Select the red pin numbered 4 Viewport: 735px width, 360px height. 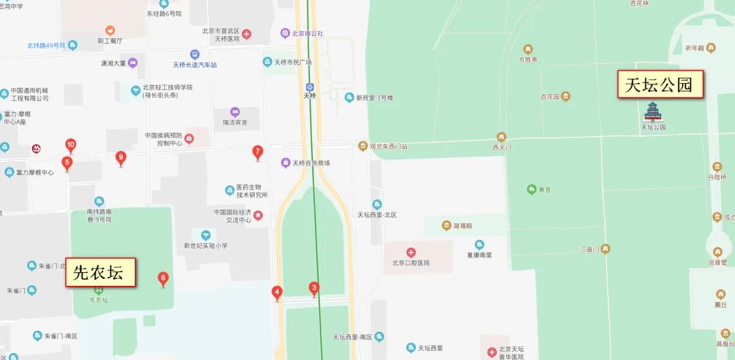tap(277, 293)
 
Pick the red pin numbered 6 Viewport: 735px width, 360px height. tap(163, 278)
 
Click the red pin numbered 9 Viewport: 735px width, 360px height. tap(121, 158)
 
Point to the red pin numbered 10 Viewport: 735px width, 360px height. tap(70, 145)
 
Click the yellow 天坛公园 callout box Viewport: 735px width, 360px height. tap(660, 84)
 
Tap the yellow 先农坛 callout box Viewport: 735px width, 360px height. tap(100, 273)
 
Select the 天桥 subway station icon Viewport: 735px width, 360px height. tap(310, 87)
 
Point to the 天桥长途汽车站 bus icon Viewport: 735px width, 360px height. tap(195, 54)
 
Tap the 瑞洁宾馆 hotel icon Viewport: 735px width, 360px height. tap(235, 112)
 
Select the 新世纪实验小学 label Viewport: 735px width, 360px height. tap(206, 246)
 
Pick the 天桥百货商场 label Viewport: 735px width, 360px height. tap(311, 163)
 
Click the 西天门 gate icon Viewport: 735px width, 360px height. tap(502, 137)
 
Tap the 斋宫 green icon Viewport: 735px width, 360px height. tap(532, 189)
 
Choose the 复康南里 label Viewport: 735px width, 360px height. tap(479, 255)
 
